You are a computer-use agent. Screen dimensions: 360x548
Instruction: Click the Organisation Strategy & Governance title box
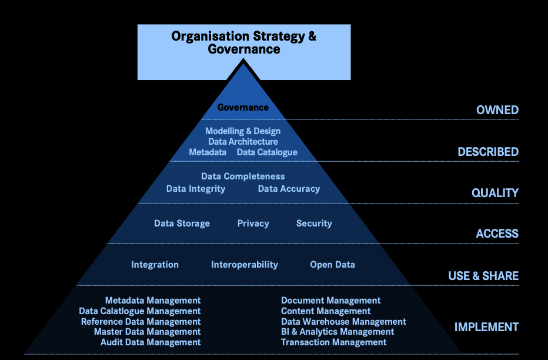pyautogui.click(x=243, y=52)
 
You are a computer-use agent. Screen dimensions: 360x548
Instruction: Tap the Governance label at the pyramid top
pyautogui.click(x=243, y=107)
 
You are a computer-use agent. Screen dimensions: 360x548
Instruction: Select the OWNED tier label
pyautogui.click(x=497, y=110)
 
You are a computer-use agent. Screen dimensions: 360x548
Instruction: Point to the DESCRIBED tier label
pyautogui.click(x=488, y=152)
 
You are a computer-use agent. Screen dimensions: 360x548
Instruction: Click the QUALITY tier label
pyautogui.click(x=495, y=193)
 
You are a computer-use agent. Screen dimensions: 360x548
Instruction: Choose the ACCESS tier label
pyautogui.click(x=497, y=234)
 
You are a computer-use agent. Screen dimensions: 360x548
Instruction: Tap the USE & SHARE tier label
pyautogui.click(x=483, y=276)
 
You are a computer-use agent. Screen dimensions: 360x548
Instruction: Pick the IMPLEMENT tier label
pyautogui.click(x=486, y=327)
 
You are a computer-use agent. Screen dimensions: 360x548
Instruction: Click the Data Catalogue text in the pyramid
pyautogui.click(x=267, y=152)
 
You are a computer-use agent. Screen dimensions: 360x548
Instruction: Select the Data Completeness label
pyautogui.click(x=243, y=176)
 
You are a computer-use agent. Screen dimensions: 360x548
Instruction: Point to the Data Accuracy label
pyautogui.click(x=289, y=189)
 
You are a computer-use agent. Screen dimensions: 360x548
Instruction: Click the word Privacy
pyautogui.click(x=253, y=224)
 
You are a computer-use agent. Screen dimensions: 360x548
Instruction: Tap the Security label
pyautogui.click(x=314, y=224)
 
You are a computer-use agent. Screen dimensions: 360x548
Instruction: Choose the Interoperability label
pyautogui.click(x=245, y=265)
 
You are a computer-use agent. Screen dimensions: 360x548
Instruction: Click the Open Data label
pyautogui.click(x=332, y=265)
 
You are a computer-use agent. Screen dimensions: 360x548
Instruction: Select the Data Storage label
pyautogui.click(x=182, y=224)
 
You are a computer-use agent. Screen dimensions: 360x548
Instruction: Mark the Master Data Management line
pyautogui.click(x=147, y=332)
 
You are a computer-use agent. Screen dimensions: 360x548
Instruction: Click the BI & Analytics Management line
pyautogui.click(x=338, y=332)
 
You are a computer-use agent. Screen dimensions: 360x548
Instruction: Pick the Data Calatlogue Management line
pyautogui.click(x=140, y=311)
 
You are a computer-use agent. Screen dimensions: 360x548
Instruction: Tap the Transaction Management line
pyautogui.click(x=333, y=342)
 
